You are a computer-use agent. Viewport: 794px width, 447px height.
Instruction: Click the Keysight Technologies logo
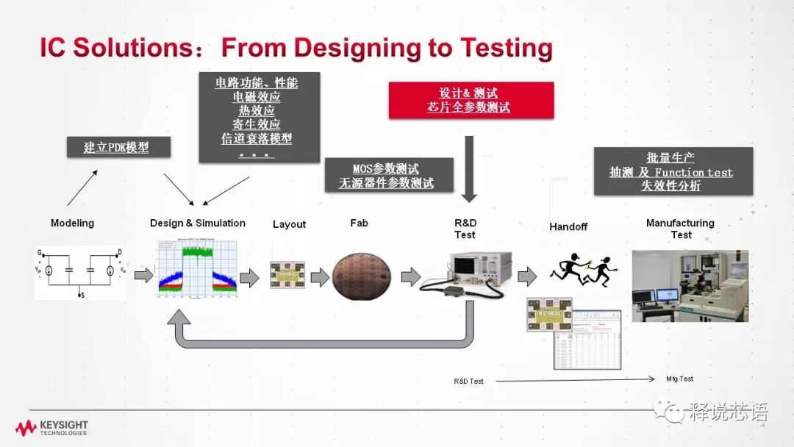(51, 428)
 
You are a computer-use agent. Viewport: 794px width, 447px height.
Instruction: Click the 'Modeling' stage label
(72, 223)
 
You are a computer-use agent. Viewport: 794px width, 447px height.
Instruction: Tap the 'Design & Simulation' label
(198, 223)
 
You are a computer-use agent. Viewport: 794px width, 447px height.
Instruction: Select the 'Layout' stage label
(289, 224)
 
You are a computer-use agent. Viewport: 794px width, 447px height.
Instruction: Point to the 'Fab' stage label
(359, 223)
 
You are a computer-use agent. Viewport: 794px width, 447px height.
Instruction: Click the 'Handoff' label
(568, 226)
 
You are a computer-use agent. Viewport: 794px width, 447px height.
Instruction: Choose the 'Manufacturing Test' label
(680, 229)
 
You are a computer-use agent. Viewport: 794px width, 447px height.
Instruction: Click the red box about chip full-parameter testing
(471, 100)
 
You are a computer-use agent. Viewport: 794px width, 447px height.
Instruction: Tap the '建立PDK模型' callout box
(118, 147)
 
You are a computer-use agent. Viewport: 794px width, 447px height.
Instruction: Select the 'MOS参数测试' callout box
(389, 176)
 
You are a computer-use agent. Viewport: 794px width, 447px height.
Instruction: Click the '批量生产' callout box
(673, 171)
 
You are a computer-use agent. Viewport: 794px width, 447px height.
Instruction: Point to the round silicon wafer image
(359, 276)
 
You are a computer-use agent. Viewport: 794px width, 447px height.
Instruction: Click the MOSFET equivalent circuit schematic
(80, 273)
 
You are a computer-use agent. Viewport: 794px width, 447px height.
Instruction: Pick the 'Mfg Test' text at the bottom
(679, 379)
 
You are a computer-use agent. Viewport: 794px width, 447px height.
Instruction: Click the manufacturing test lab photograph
(690, 285)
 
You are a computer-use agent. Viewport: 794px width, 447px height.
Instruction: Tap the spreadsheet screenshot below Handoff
(588, 339)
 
